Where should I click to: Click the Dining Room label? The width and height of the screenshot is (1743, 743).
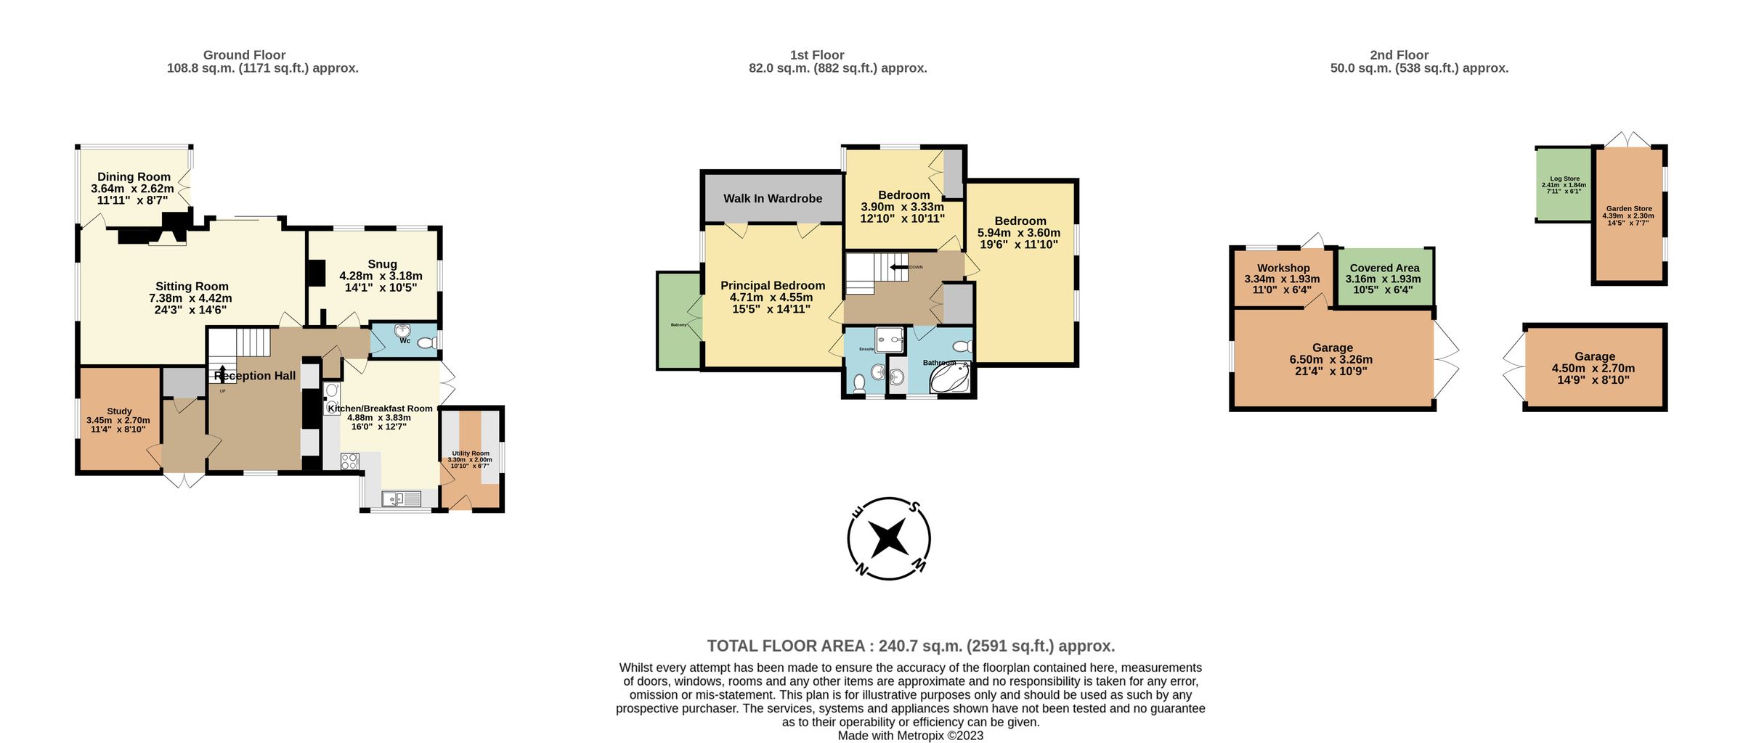[134, 177]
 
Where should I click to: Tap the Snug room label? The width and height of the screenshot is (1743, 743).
[382, 264]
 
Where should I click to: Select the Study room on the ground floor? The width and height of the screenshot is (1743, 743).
[119, 422]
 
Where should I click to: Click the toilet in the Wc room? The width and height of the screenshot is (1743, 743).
[426, 342]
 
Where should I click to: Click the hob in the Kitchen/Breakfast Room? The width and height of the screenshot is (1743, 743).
[350, 461]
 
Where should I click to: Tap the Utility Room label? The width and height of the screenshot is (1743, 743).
[470, 453]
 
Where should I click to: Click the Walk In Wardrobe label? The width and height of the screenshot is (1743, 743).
[773, 198]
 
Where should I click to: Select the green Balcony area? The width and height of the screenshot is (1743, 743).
[678, 320]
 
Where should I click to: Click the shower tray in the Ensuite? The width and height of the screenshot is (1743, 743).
[890, 338]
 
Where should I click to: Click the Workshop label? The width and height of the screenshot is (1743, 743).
[1283, 268]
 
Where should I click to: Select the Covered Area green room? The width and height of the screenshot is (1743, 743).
[1384, 278]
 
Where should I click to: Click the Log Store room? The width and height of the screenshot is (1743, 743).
[1564, 185]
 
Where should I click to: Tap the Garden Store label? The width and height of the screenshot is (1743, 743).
[1629, 209]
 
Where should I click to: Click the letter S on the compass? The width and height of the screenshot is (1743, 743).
[915, 507]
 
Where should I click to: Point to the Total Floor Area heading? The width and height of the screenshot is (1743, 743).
[910, 646]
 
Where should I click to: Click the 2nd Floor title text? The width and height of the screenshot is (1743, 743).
[1399, 55]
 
